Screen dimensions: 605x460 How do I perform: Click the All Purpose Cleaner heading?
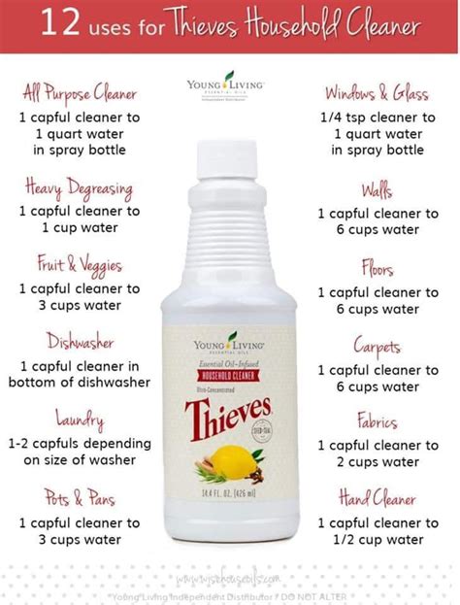pos(80,93)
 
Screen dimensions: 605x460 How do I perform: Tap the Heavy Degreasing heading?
pos(80,188)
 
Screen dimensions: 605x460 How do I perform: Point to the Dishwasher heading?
pos(80,342)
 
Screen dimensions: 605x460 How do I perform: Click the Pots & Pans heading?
pos(80,500)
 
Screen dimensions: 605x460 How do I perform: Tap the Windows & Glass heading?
pos(377,93)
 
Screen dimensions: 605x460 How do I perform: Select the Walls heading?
pos(377,188)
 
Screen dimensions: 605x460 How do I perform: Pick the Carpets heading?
pos(377,347)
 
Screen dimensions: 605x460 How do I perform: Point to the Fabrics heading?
pos(377,421)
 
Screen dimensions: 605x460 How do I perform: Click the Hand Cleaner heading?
pos(377,500)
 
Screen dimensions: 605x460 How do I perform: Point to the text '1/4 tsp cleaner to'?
pos(377,117)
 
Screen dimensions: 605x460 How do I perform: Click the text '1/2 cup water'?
pos(377,539)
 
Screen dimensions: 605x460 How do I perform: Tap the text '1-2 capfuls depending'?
pos(80,444)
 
